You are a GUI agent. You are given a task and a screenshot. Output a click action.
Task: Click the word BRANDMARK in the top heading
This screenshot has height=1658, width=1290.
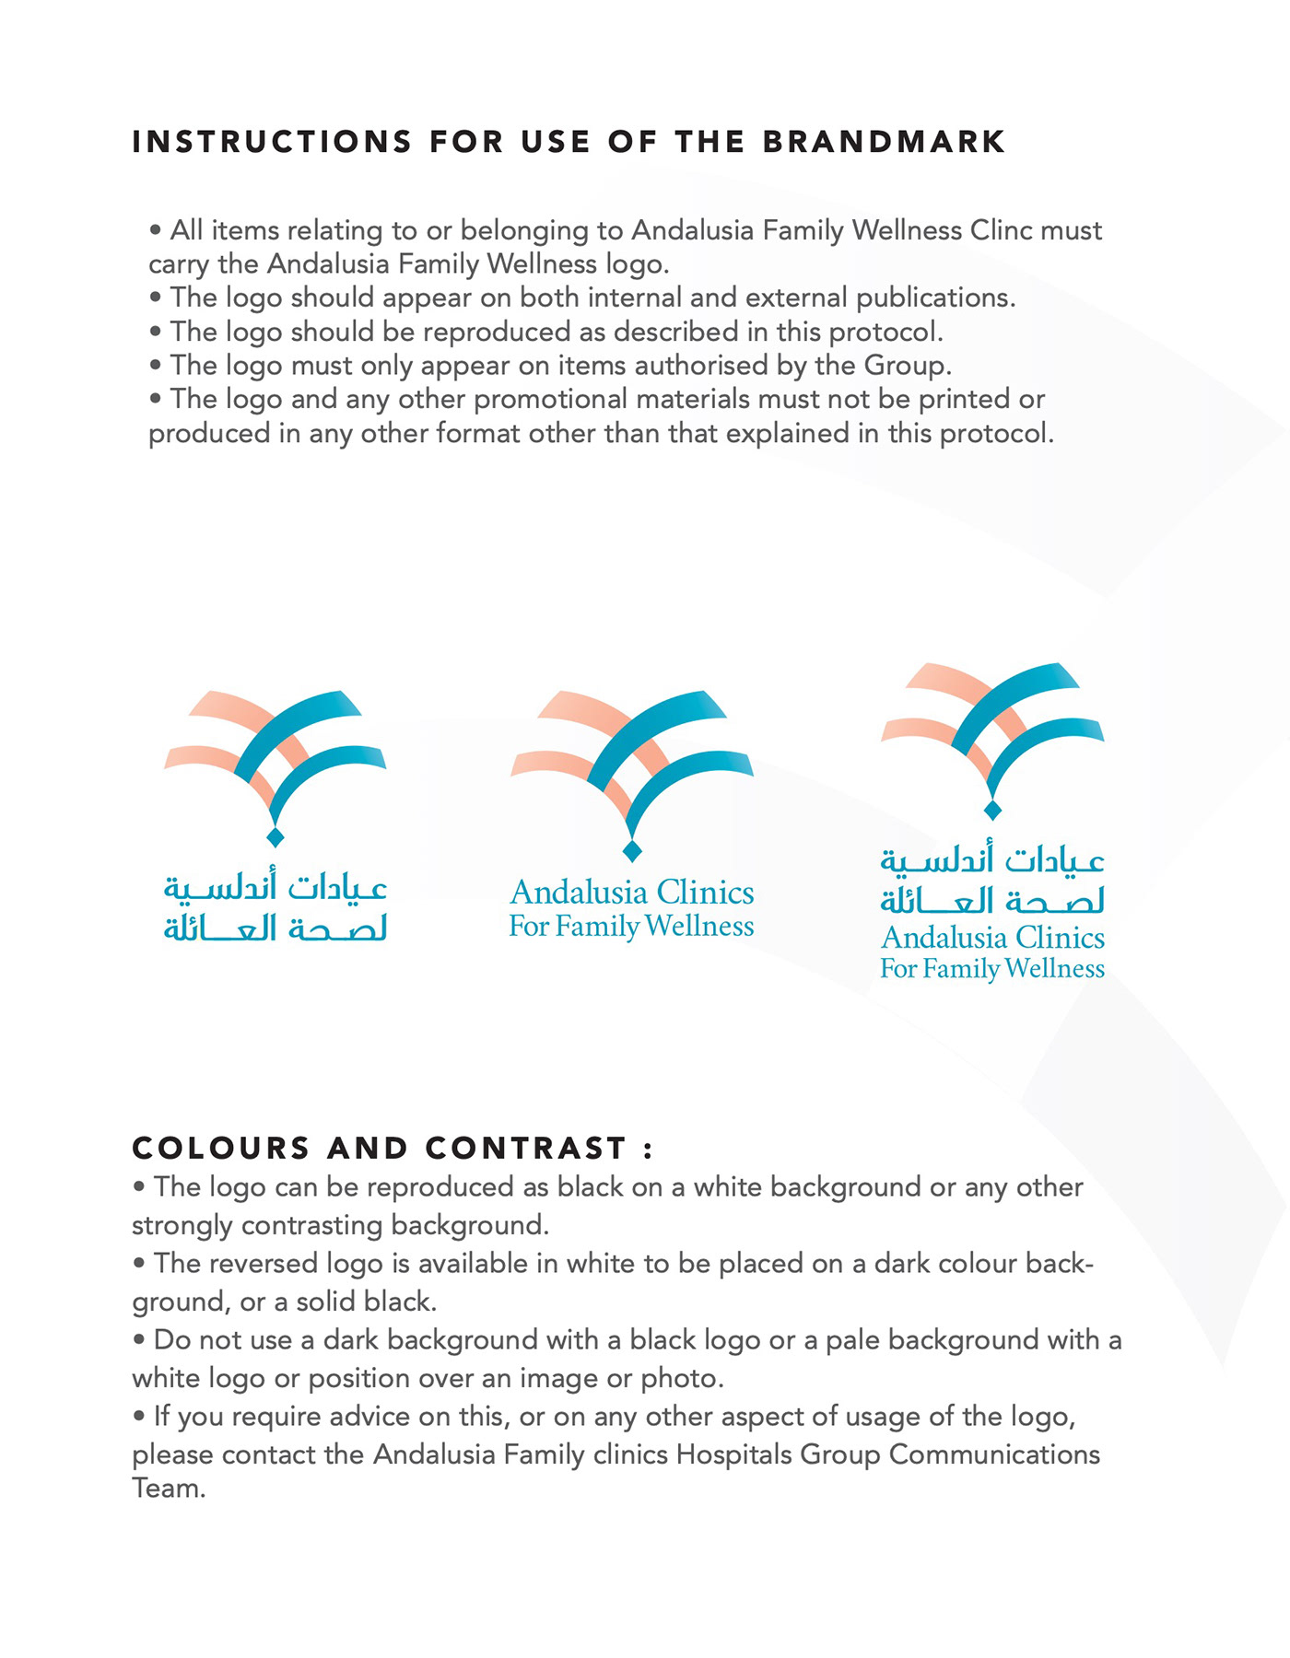pyautogui.click(x=884, y=142)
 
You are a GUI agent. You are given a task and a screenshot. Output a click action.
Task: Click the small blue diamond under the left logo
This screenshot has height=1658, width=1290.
pyautogui.click(x=275, y=836)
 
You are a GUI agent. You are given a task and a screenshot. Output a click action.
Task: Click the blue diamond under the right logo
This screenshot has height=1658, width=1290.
pyautogui.click(x=992, y=810)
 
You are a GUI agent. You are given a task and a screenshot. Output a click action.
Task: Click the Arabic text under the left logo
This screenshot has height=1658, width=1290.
pyautogui.click(x=276, y=908)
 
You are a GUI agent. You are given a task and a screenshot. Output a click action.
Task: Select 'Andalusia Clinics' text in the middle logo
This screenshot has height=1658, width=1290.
pyautogui.click(x=632, y=893)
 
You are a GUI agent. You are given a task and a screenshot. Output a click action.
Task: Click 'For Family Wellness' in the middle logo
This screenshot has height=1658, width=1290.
pyautogui.click(x=632, y=926)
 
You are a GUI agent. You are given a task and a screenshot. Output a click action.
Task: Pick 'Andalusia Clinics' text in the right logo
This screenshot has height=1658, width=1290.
pyautogui.click(x=992, y=938)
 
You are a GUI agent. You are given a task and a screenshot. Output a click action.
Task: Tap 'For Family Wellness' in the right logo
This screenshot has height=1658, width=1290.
pyautogui.click(x=992, y=969)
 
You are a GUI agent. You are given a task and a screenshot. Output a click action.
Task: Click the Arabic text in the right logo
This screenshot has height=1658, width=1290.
pyautogui.click(x=992, y=881)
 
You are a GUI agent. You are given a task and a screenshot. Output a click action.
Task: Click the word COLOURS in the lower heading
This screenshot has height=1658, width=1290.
pyautogui.click(x=221, y=1149)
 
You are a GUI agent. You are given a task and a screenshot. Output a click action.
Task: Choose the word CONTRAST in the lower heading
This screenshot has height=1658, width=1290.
pyautogui.click(x=526, y=1149)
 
